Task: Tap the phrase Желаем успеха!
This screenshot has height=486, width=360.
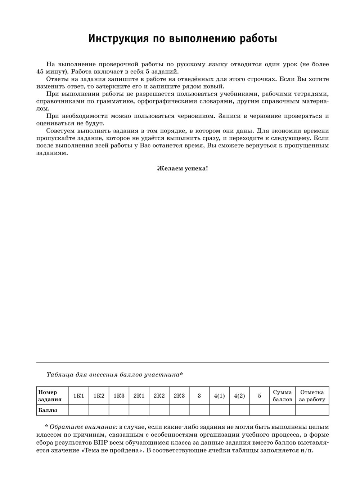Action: coord(183,168)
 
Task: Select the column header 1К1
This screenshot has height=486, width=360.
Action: coord(78,396)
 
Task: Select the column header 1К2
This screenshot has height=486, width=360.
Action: coord(99,396)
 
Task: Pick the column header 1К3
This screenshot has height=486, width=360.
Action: coord(119,396)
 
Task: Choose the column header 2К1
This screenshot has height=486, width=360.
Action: coord(139,396)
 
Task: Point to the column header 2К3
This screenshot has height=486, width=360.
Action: coord(179,396)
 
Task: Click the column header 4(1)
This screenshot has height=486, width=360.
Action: coord(219,396)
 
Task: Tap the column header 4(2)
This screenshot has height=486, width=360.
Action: coord(239,396)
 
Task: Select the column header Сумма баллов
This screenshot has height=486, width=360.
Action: coord(282,396)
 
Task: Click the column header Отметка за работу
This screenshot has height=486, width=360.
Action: coord(312,396)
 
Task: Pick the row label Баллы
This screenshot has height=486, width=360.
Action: coord(48,410)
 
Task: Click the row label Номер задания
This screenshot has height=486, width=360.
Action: coord(50,396)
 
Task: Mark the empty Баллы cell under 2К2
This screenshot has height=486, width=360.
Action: coord(159,410)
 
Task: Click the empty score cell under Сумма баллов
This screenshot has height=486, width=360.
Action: coord(282,410)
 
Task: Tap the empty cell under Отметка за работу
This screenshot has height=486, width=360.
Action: coord(312,410)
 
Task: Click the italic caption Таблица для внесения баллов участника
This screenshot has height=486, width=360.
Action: coord(114,375)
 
